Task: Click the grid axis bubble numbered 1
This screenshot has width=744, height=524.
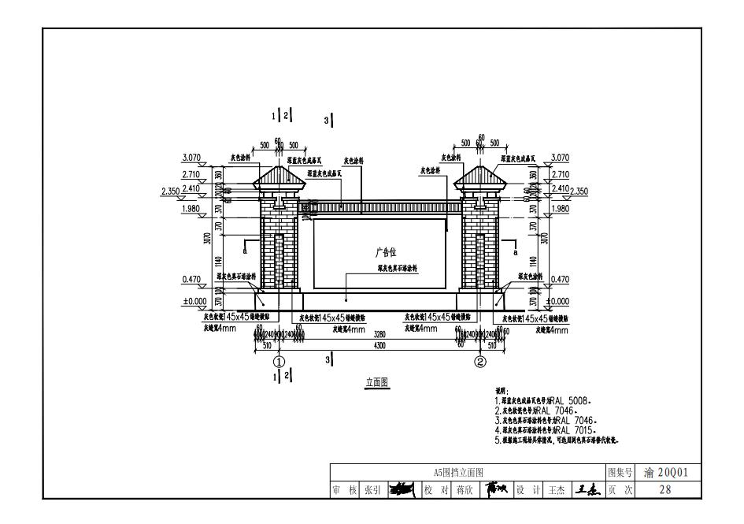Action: (278, 362)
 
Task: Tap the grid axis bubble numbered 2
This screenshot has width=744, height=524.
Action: (479, 362)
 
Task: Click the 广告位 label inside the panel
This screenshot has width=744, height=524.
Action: (385, 252)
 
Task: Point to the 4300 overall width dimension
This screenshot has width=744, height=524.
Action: (379, 344)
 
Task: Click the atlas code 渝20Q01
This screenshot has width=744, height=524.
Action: (666, 472)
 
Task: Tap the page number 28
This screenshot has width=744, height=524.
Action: (666, 489)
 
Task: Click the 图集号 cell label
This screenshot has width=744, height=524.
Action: (620, 472)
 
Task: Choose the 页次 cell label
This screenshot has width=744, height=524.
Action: (620, 489)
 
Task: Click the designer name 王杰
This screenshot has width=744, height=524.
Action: (557, 489)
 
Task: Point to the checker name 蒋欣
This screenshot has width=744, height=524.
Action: (464, 489)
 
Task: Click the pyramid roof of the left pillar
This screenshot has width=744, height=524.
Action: (278, 174)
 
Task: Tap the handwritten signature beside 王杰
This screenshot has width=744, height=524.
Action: (585, 489)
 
